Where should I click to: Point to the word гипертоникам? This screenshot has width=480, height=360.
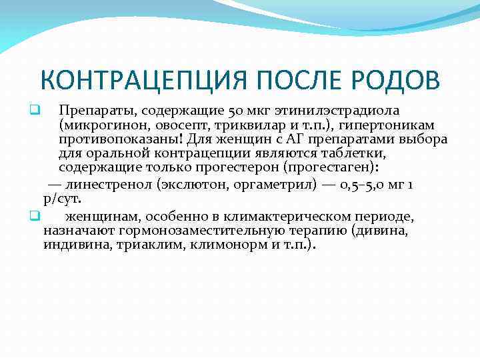tap(388, 124)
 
